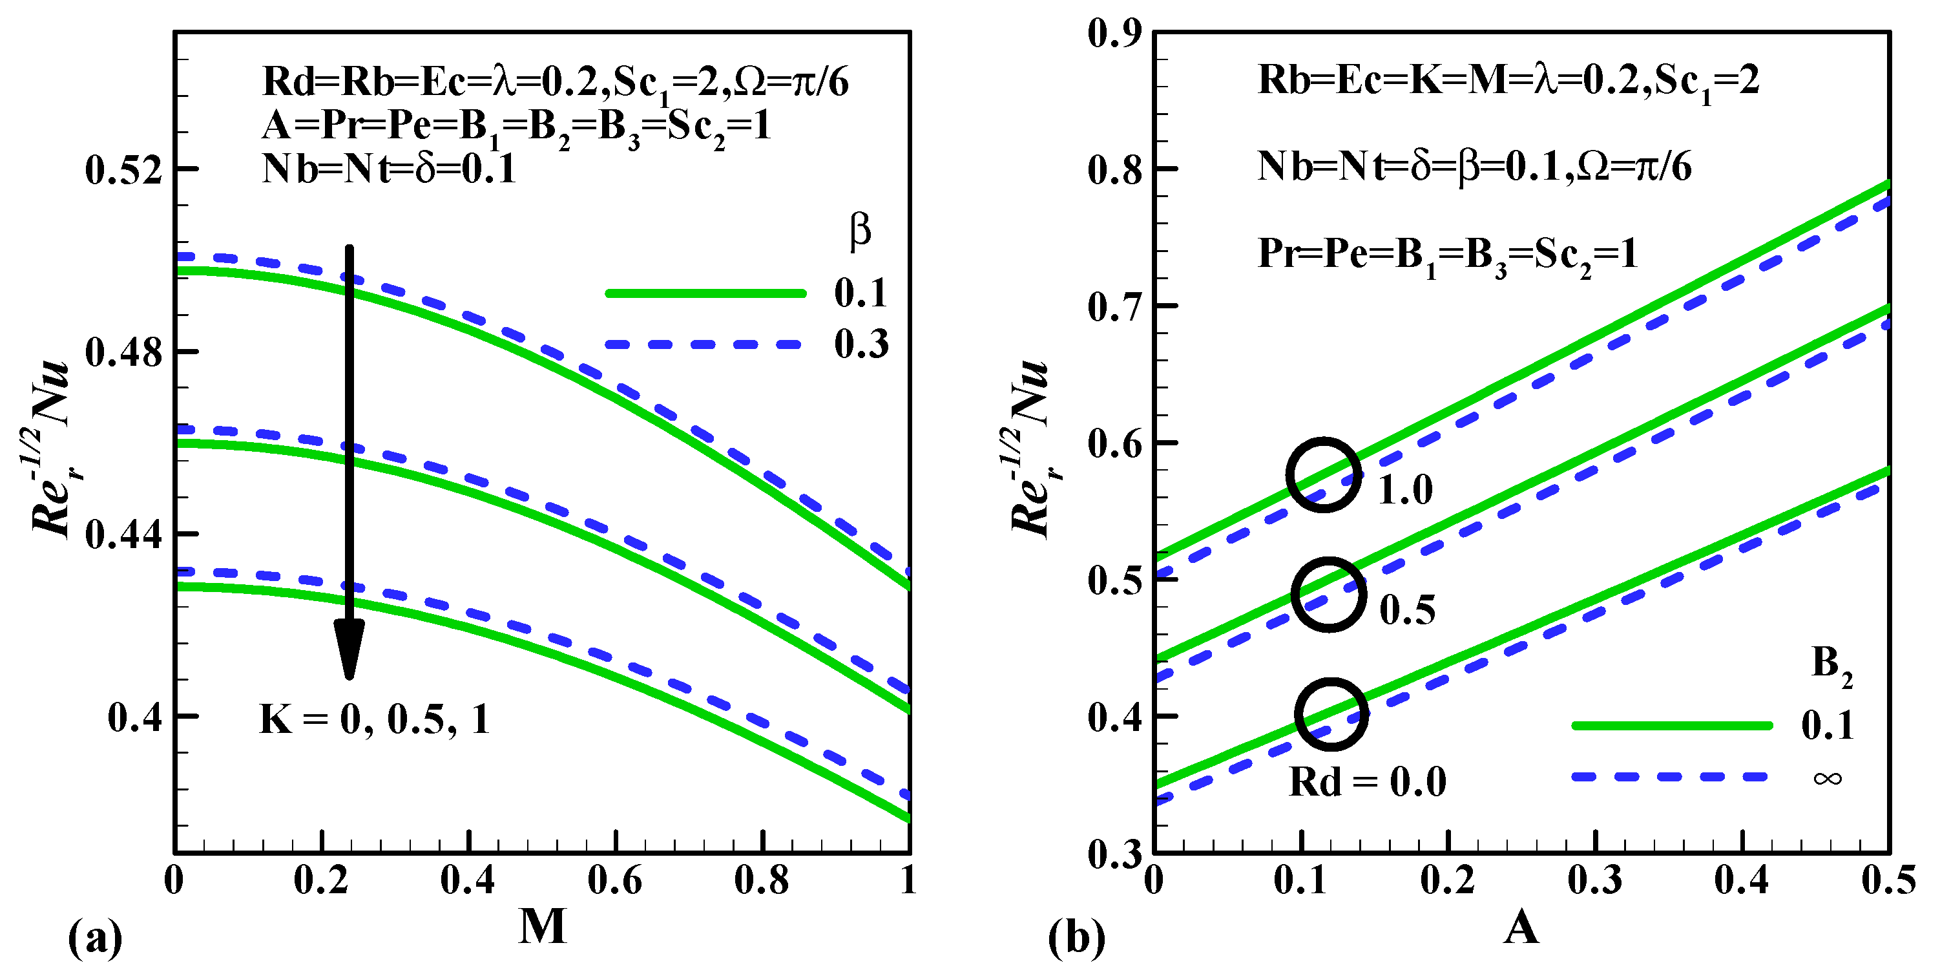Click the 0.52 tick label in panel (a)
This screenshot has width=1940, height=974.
(x=123, y=169)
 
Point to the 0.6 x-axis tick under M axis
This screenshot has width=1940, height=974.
(x=614, y=880)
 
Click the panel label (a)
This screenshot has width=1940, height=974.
(x=95, y=938)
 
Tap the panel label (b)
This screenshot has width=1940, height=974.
(x=1076, y=938)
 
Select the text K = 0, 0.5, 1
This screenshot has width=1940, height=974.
(x=374, y=719)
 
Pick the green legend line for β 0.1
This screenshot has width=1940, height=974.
(x=705, y=293)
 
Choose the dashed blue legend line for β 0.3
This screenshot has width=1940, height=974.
(x=705, y=344)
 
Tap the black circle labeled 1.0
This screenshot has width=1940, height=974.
(x=1323, y=474)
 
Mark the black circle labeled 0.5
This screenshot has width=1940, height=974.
(x=1328, y=595)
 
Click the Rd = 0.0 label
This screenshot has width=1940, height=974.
(x=1368, y=782)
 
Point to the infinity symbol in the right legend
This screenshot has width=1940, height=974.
(x=1828, y=778)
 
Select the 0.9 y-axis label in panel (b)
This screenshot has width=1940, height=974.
(x=1114, y=33)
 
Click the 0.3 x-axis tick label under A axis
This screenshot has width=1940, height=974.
(x=1594, y=880)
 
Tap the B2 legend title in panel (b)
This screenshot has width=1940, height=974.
(x=1831, y=666)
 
